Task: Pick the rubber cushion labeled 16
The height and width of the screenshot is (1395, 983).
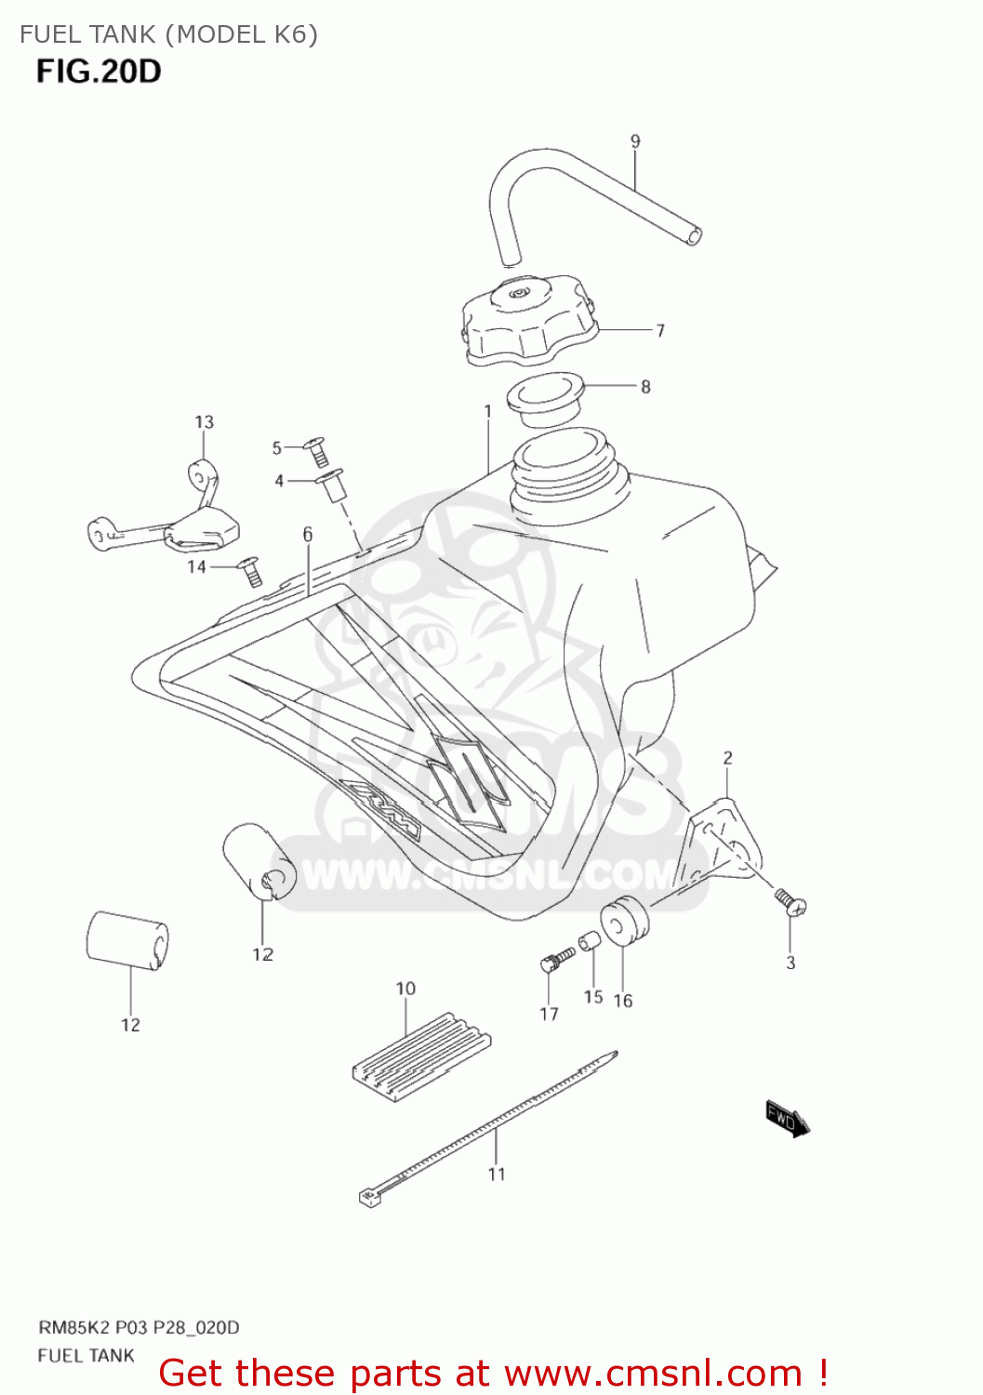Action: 623,919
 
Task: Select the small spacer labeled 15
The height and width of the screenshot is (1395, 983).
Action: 590,943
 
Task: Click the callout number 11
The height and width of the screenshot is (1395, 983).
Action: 497,1174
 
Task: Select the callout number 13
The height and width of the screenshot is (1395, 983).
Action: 204,422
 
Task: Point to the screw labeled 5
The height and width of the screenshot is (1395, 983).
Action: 316,452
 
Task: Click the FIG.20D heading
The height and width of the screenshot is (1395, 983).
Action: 99,72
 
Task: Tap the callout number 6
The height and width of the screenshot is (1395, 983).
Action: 307,534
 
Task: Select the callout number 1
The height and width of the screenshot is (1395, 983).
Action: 487,411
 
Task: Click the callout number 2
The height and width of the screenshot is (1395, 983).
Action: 727,758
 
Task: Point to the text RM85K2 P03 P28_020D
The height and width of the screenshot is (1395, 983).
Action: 139,1327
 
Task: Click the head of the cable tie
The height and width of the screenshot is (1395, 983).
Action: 370,1197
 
